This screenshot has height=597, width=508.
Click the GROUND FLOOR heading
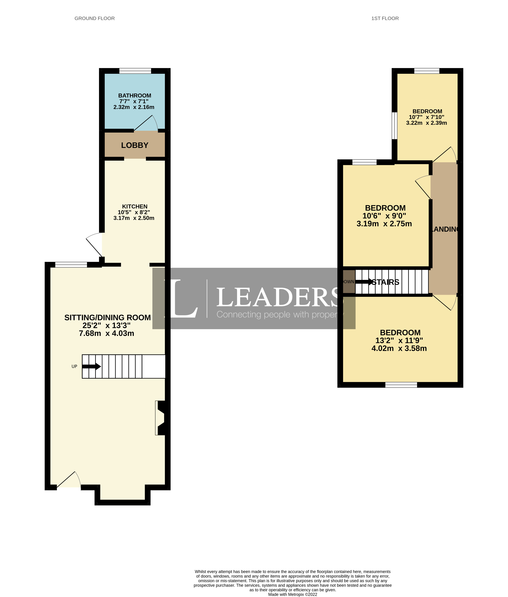94,18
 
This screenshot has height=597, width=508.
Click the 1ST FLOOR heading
385,18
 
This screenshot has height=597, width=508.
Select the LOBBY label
134,145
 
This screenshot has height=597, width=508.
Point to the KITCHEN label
134,206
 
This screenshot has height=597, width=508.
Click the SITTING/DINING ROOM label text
107,317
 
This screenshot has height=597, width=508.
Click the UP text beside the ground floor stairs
74,366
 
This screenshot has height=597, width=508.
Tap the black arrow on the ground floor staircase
91,366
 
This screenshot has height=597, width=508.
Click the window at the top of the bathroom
135,71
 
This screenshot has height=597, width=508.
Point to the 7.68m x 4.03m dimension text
106,333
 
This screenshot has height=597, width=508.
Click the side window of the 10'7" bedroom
394,126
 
